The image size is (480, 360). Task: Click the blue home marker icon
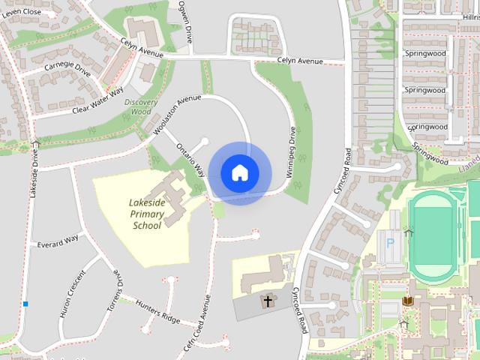point(239,172)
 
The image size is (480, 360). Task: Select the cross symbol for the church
point(267,301)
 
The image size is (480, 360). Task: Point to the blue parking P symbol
point(390,244)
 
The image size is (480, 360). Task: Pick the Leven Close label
point(21,12)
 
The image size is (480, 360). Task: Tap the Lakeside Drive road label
point(34,173)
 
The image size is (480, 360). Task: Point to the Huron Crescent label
point(72,292)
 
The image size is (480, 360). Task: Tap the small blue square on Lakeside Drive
point(25,304)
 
